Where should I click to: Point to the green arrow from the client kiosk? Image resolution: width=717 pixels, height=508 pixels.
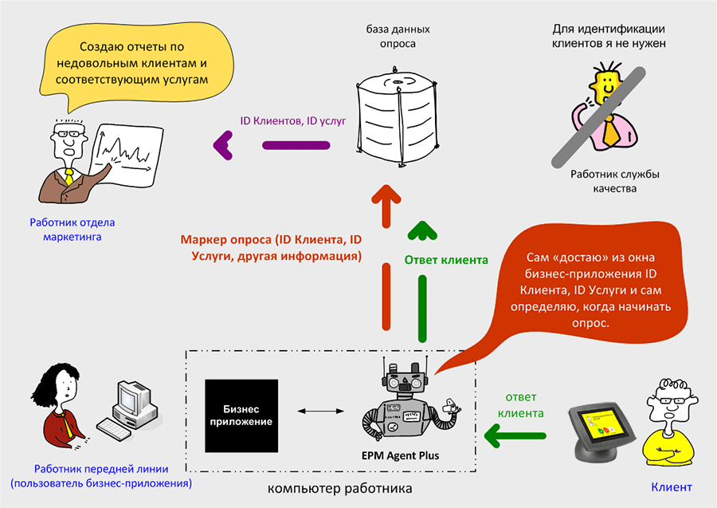pos(517,435)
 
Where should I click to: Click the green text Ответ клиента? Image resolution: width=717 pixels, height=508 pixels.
pos(446,259)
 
